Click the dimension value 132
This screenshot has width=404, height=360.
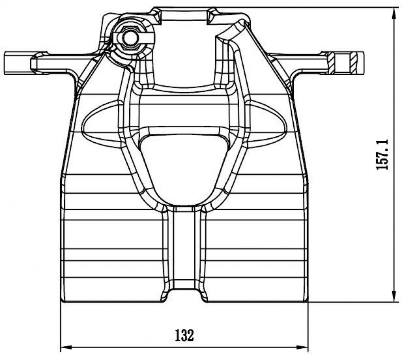[x=184, y=335]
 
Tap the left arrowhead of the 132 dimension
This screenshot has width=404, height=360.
[x=65, y=347]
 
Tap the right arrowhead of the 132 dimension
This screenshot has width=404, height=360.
[x=303, y=347]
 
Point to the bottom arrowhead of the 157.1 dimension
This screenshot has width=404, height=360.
[x=394, y=296]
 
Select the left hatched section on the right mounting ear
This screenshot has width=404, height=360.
[x=332, y=62]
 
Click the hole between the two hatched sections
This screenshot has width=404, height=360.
[x=343, y=62]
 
